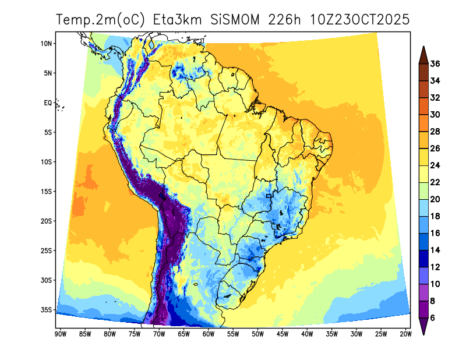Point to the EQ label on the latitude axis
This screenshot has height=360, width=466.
click(x=48, y=103)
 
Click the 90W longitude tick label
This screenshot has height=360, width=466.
click(x=59, y=334)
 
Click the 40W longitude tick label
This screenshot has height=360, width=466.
click(x=307, y=334)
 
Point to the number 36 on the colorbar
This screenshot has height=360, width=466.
click(x=435, y=64)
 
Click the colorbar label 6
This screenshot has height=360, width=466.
click(x=433, y=317)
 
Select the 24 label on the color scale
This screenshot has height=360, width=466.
click(x=435, y=165)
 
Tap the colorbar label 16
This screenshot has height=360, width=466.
click(x=435, y=233)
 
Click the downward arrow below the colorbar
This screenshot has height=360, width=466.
click(x=423, y=329)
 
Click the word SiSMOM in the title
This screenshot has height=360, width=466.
click(x=236, y=20)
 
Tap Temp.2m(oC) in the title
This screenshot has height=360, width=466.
click(x=101, y=20)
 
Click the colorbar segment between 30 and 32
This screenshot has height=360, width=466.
click(x=423, y=106)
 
